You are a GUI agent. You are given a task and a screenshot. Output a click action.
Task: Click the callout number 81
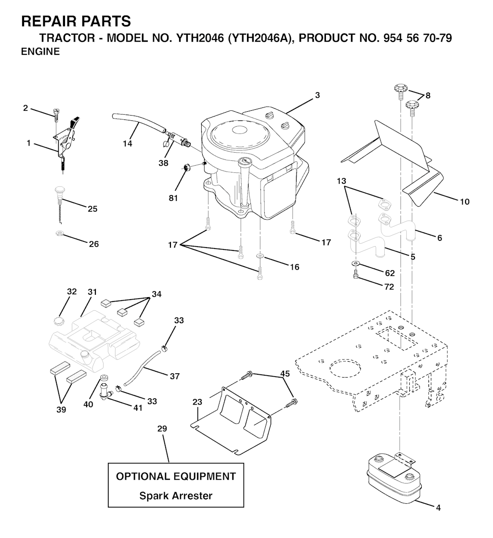click(x=173, y=198)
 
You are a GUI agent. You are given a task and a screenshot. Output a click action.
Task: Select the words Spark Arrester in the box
click(x=176, y=496)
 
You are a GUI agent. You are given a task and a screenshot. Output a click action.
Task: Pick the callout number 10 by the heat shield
click(x=465, y=202)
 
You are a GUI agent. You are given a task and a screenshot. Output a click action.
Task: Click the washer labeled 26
click(x=59, y=234)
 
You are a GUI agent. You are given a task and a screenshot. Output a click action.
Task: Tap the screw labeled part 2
click(x=55, y=113)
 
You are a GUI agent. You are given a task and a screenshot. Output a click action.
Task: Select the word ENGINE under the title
click(x=40, y=52)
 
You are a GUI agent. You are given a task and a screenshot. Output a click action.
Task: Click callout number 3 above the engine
click(x=317, y=95)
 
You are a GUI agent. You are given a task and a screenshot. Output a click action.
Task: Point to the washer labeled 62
click(x=356, y=263)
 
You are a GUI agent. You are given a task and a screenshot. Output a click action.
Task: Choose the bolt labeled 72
click(x=355, y=274)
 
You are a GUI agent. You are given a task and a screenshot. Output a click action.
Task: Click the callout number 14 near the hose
click(x=127, y=144)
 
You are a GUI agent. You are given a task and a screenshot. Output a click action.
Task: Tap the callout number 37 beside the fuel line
click(x=175, y=376)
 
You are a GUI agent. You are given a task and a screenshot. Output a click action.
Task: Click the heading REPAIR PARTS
click(x=76, y=21)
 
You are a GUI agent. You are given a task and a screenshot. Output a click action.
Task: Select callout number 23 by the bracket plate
click(x=197, y=402)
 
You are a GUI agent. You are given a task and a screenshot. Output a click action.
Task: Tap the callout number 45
click(x=285, y=373)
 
